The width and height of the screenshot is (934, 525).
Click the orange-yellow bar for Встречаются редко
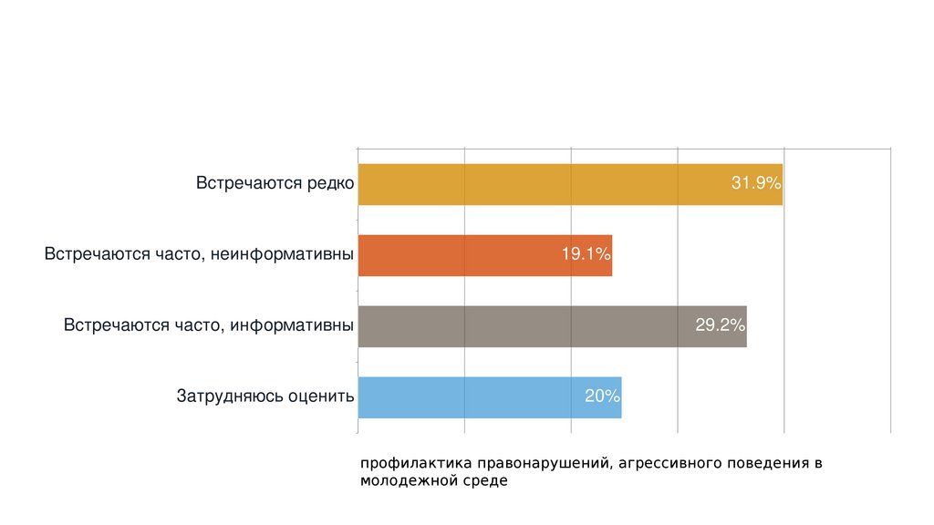547,184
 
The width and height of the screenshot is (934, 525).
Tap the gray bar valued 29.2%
529,326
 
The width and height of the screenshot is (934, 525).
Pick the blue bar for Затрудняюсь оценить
474,397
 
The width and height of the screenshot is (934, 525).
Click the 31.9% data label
756,183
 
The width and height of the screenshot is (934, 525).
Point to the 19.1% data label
586,254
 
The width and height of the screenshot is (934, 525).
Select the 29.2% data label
721,325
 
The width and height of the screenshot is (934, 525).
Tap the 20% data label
602,396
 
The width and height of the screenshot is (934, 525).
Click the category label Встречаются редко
275,183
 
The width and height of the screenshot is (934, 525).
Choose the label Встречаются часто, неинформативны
199,254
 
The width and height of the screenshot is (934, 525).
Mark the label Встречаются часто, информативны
208,325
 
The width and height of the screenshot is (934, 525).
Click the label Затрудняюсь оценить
265,396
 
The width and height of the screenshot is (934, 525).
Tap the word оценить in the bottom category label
320,396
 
